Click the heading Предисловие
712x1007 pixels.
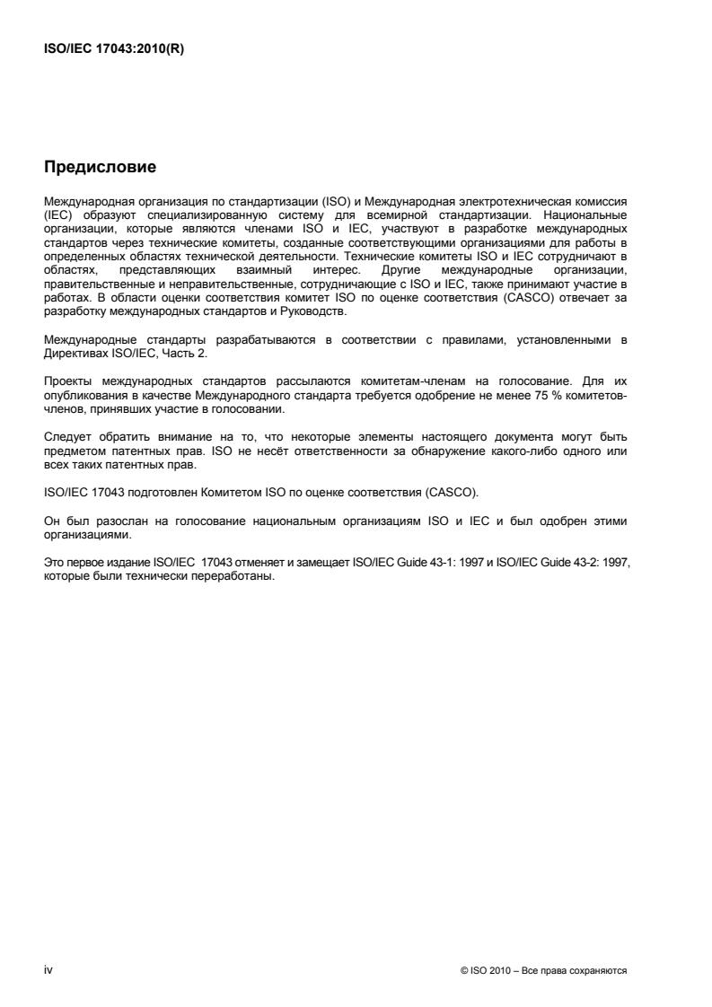point(100,167)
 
